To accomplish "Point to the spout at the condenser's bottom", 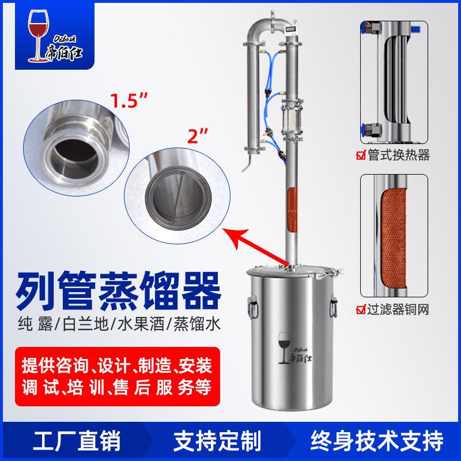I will click(x=247, y=168).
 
